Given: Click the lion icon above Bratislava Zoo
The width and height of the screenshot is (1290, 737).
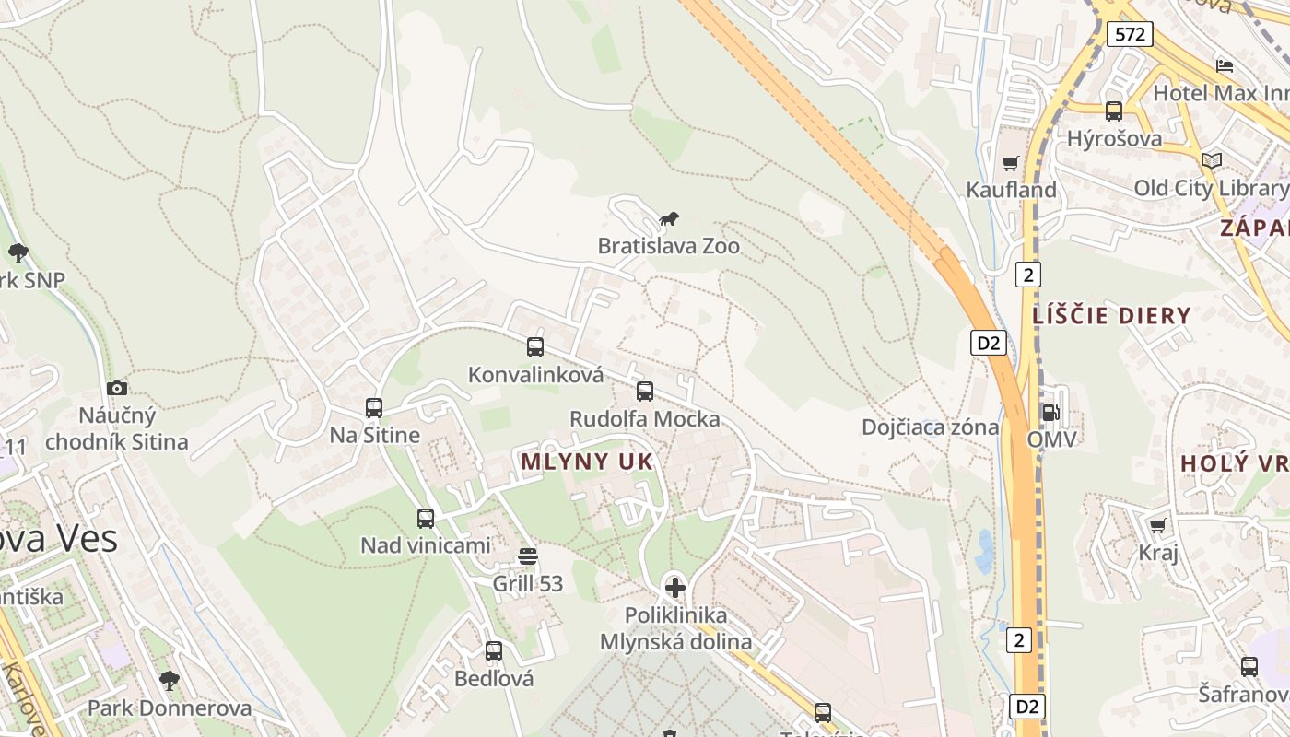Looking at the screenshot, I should coord(669,219).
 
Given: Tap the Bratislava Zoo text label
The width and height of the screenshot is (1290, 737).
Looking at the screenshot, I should coord(668,246).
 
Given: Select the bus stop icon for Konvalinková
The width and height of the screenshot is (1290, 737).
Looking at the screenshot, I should coord(535,347).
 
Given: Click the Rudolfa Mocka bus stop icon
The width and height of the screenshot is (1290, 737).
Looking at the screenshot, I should coord(645,392).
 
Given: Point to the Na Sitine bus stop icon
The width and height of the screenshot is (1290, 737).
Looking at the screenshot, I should coord(374,408).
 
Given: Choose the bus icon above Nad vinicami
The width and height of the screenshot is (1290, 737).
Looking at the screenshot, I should coord(426,519).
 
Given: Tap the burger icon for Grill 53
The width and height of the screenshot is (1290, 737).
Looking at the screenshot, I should coord(528,556).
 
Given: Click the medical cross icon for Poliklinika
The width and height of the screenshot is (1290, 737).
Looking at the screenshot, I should coord(675,588).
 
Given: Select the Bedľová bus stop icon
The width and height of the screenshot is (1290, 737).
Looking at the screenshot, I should coord(494,651).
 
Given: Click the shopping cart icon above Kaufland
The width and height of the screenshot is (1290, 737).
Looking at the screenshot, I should coord(1011,164).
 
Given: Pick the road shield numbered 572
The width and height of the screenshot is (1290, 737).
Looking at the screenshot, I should coord(1130,35).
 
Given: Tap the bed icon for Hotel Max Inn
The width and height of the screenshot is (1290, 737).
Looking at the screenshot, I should coord(1225,66).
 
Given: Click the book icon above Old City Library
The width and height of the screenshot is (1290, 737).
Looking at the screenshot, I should coord(1212,161).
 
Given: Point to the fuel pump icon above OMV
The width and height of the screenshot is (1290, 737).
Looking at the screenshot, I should coord(1050,413).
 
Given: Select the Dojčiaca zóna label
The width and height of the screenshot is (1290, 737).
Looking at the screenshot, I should coord(930,427).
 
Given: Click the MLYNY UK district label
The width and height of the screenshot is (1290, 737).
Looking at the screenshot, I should coord(587,462).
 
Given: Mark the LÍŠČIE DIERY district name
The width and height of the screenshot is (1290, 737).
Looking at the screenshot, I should coord(1111,316).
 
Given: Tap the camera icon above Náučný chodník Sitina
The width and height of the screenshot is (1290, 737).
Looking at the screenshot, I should coord(117,389).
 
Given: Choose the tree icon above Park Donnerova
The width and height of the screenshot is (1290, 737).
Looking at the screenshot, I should coord(169,681).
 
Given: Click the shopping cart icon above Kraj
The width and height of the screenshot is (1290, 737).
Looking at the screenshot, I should coord(1158,525).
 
